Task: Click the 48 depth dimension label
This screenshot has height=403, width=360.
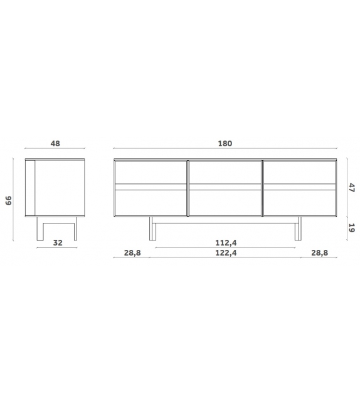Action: point(55,144)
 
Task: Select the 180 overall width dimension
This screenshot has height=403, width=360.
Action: point(225,144)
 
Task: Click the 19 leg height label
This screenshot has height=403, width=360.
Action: point(352,228)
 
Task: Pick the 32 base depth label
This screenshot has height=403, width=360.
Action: point(56,242)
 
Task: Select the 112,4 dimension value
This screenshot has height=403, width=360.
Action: point(225,242)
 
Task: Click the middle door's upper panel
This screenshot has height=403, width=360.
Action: point(225,172)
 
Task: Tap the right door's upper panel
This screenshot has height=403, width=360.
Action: point(299,172)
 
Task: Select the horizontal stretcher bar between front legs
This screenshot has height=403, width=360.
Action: point(225,220)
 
